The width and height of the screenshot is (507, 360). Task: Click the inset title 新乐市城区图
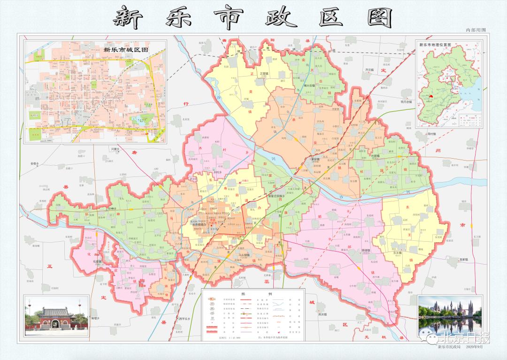click(126, 49)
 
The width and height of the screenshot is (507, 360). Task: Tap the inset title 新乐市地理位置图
click(435, 45)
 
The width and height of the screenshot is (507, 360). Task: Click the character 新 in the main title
click(127, 18)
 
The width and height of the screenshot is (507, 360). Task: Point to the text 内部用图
click(475, 30)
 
